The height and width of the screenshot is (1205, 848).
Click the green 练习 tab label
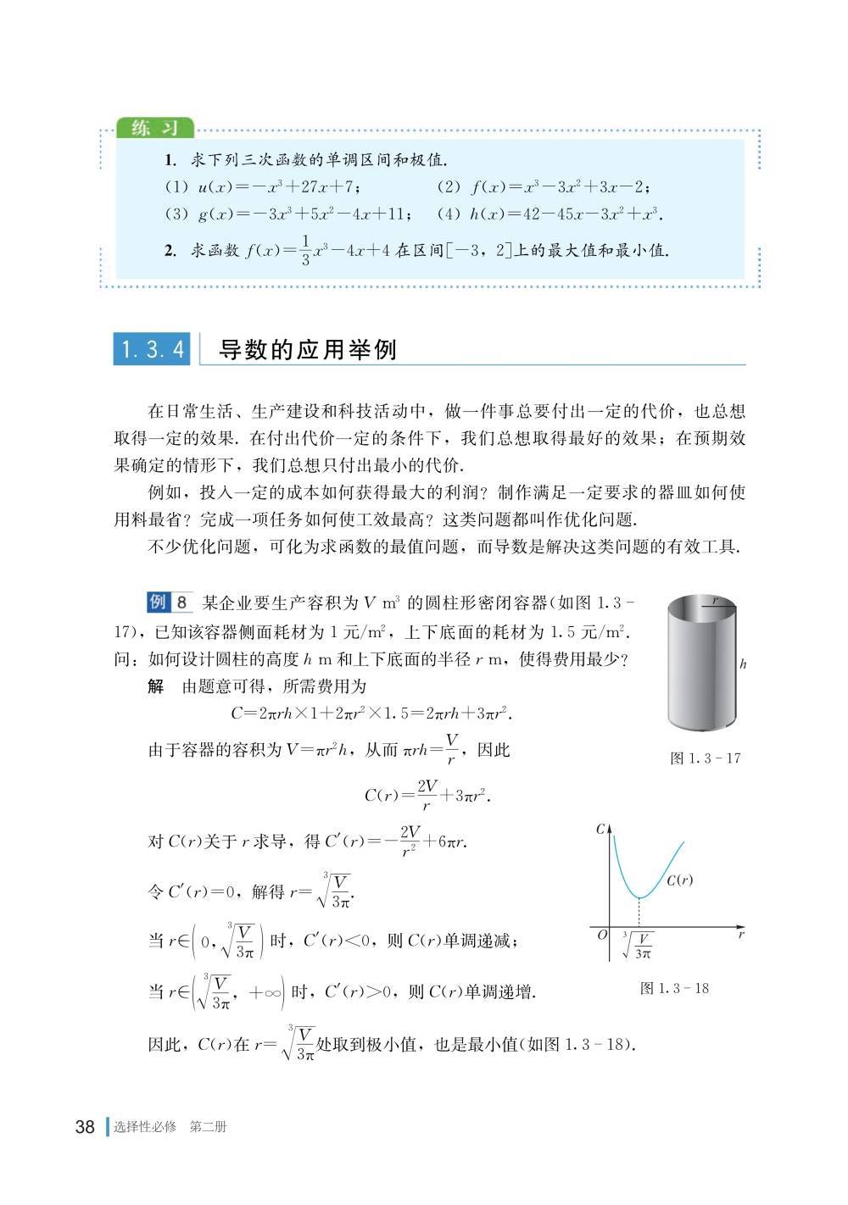pyautogui.click(x=155, y=128)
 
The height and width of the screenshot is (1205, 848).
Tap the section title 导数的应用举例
pyautogui.click(x=307, y=349)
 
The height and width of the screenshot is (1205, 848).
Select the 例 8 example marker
pyautogui.click(x=170, y=603)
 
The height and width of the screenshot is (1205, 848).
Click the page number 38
pyautogui.click(x=85, y=1126)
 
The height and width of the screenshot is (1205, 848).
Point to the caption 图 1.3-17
pyautogui.click(x=706, y=758)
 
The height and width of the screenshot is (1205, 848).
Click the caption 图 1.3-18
pyautogui.click(x=674, y=987)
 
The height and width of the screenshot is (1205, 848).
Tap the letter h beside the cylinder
pyautogui.click(x=744, y=664)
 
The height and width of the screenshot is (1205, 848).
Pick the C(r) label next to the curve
pyautogui.click(x=679, y=880)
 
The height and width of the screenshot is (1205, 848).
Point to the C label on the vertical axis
pyautogui.click(x=600, y=829)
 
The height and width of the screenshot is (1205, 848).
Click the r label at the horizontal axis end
pyautogui.click(x=740, y=935)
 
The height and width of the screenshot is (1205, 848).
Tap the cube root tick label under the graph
pyautogui.click(x=639, y=946)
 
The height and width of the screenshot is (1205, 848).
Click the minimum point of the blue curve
pyautogui.click(x=639, y=896)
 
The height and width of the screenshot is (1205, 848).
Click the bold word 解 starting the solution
pyautogui.click(x=156, y=686)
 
